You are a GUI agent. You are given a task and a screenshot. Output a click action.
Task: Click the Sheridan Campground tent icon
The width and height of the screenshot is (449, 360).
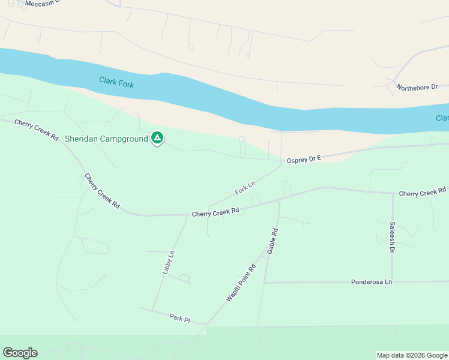[x=157, y=139]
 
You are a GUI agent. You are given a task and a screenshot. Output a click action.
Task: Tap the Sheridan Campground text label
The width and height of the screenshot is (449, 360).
[x=106, y=139]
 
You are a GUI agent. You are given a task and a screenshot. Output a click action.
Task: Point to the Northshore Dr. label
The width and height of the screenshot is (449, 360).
[x=418, y=87]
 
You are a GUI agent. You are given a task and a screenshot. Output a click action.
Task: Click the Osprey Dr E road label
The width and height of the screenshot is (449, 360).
[x=304, y=158]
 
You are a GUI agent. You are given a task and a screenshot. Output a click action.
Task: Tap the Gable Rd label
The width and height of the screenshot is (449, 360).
[x=273, y=241]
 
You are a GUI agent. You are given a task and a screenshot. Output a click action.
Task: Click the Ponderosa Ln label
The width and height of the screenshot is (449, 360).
[x=372, y=281]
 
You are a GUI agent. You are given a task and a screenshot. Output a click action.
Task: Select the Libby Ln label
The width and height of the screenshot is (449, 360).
[x=168, y=263]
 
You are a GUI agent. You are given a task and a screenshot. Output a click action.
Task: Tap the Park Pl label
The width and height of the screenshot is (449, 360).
[x=179, y=318]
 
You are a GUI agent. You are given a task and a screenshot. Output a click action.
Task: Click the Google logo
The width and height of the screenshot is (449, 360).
[x=20, y=353]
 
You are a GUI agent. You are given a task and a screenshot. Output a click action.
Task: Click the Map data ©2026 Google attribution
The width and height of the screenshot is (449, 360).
[x=412, y=355]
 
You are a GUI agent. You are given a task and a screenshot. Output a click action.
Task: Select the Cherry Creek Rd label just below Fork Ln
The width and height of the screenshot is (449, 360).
[x=215, y=212]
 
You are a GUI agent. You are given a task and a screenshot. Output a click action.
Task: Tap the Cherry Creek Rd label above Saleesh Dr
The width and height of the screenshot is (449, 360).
[x=423, y=193]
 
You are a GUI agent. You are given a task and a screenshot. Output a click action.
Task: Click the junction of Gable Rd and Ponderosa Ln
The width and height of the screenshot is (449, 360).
[x=264, y=282]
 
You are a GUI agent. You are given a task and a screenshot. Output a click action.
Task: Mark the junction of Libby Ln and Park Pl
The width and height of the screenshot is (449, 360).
[x=152, y=310]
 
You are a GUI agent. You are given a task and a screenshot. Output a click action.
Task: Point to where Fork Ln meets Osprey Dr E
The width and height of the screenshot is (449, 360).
[x=281, y=160]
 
